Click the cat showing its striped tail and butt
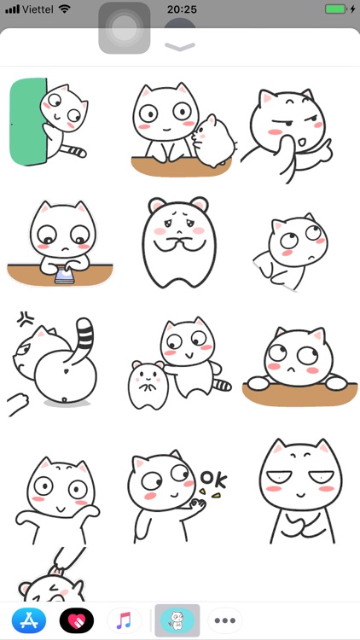click(58, 363)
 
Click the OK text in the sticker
click(213, 478)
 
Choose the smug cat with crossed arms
click(295, 491)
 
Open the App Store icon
click(28, 620)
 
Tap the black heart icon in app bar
click(76, 620)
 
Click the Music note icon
click(125, 620)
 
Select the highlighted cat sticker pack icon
click(177, 620)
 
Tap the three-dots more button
click(225, 620)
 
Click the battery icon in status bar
click(337, 9)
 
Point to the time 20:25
click(181, 9)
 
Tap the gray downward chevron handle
click(180, 47)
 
